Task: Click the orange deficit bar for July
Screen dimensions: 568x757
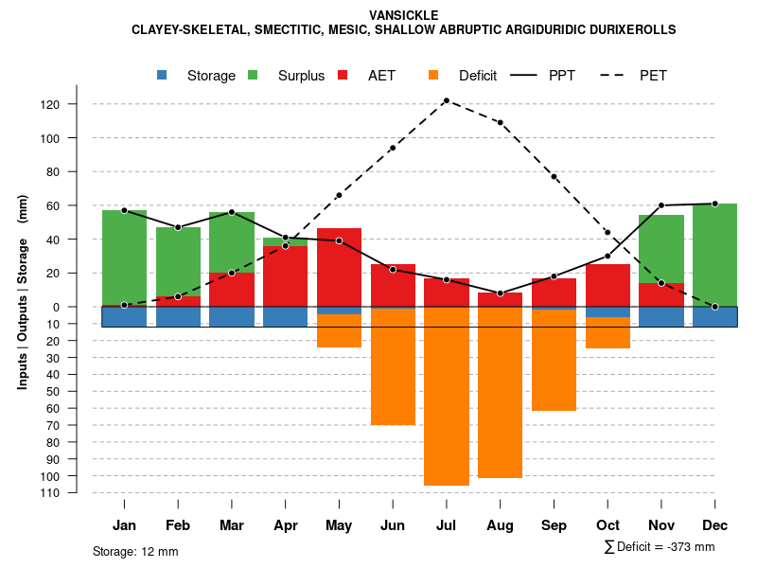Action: [x=447, y=398]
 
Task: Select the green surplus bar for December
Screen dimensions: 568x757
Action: [x=714, y=255]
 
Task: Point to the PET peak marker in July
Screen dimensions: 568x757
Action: [x=447, y=100]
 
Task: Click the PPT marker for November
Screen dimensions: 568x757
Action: [x=661, y=205]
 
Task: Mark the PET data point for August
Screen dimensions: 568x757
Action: [x=500, y=122]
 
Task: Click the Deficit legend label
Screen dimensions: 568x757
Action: [x=478, y=76]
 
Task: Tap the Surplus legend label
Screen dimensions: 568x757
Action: [x=301, y=76]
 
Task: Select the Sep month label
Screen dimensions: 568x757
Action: [x=554, y=525]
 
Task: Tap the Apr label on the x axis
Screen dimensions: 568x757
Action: [x=285, y=525]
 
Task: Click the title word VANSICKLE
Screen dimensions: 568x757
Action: [x=404, y=15]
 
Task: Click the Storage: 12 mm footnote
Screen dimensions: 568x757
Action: [x=135, y=551]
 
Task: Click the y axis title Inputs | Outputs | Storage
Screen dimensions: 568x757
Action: [x=23, y=293]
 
